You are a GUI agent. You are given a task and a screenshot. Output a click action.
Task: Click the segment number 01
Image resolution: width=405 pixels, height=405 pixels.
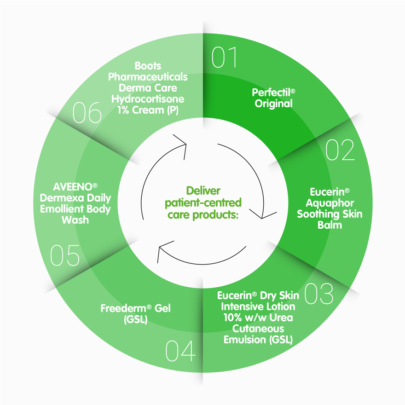tap(225, 58)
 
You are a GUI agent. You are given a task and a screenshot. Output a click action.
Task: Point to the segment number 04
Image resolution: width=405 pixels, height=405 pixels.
tap(180, 351)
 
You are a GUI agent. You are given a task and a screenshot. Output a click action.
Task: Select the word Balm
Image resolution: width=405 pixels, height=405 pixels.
tap(330, 225)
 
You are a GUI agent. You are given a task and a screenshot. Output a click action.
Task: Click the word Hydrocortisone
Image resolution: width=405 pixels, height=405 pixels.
tap(148, 99)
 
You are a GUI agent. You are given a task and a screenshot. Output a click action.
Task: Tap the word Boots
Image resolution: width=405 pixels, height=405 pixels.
tap(148, 66)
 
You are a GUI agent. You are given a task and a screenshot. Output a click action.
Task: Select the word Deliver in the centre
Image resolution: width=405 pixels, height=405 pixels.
tap(203, 191)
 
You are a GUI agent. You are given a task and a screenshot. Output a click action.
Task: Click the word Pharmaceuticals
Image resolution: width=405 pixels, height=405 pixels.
tap(148, 77)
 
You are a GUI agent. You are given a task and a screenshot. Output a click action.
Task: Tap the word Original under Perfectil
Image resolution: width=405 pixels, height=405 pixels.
tap(274, 104)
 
